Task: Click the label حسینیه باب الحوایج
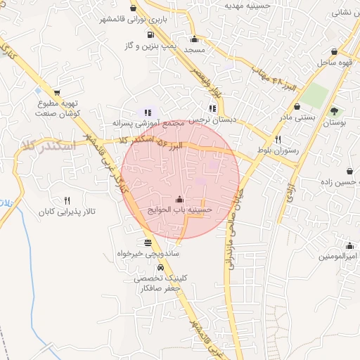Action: pyautogui.click(x=180, y=210)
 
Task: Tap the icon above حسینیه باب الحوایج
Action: pyautogui.click(x=179, y=200)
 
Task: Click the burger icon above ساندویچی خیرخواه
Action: pyautogui.click(x=147, y=243)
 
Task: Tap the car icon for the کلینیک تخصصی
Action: pyautogui.click(x=161, y=268)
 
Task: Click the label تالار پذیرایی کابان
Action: pyautogui.click(x=67, y=211)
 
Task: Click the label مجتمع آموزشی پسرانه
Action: pyautogui.click(x=148, y=122)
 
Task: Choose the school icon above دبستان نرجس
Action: pyautogui.click(x=212, y=108)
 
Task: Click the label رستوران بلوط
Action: pyautogui.click(x=278, y=150)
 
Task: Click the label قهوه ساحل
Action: pyautogui.click(x=333, y=63)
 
